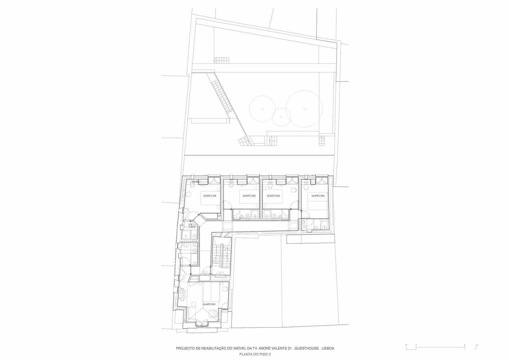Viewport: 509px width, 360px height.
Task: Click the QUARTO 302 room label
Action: [x=210, y=196]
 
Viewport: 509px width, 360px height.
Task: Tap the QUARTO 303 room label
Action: [x=249, y=196]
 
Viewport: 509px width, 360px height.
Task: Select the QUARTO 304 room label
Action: [x=273, y=196]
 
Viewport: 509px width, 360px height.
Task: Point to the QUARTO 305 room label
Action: [x=318, y=196]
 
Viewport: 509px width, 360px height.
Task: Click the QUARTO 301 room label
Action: [x=209, y=305]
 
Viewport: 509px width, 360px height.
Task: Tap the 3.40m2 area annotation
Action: [x=192, y=226]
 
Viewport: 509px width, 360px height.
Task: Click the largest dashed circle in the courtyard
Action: [x=304, y=108]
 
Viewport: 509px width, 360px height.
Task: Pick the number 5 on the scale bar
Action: [x=464, y=345]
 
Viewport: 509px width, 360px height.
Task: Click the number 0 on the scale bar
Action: [x=406, y=345]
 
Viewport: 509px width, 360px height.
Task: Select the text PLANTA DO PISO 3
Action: [x=255, y=354]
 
